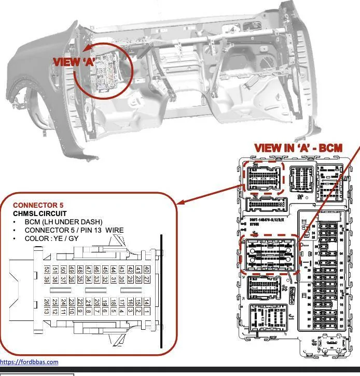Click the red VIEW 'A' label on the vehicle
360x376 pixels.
74,61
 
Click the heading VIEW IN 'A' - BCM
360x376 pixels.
298,148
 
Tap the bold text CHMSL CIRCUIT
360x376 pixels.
39,213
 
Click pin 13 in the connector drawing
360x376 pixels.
47,312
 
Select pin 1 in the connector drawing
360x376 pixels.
147,312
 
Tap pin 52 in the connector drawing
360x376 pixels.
47,270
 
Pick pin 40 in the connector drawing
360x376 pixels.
147,270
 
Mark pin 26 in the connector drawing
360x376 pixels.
47,302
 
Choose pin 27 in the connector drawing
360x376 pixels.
147,279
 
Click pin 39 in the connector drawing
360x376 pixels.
47,279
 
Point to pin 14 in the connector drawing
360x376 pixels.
147,302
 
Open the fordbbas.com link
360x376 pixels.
29,362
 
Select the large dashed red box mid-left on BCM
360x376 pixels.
268,254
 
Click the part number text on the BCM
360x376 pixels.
270,221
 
